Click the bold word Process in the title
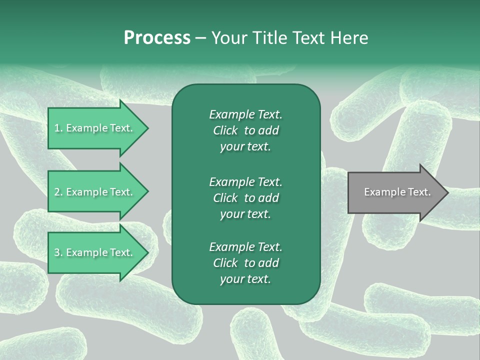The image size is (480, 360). click(x=157, y=38)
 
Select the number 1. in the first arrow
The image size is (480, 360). click(x=58, y=128)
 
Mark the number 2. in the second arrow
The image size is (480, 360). click(x=58, y=192)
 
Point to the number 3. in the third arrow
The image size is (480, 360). click(x=58, y=253)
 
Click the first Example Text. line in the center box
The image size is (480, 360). click(x=245, y=114)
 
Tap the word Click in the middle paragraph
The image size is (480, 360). click(x=225, y=198)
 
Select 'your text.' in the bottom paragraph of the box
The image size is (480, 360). click(x=245, y=279)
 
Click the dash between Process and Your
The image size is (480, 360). click(x=200, y=38)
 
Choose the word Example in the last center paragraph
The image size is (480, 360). click(x=231, y=247)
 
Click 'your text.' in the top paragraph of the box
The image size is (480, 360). click(x=245, y=147)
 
